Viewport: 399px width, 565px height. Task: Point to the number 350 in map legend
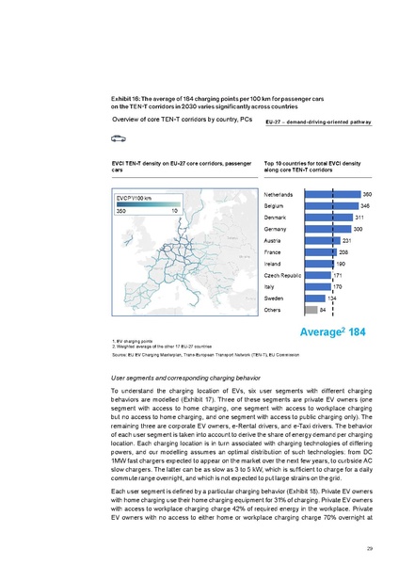point(120,211)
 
